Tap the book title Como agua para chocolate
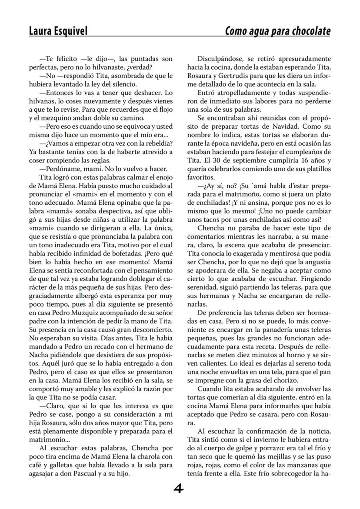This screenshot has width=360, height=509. (277, 31)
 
